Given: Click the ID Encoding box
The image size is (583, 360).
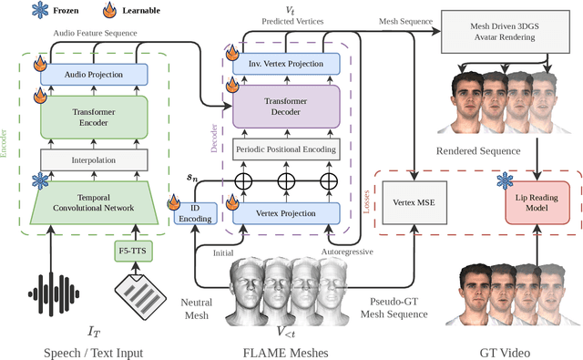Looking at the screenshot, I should pos(201,213).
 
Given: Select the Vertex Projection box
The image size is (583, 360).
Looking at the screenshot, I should pos(285,213).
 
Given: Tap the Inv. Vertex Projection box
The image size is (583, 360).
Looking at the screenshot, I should pos(285,63).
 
